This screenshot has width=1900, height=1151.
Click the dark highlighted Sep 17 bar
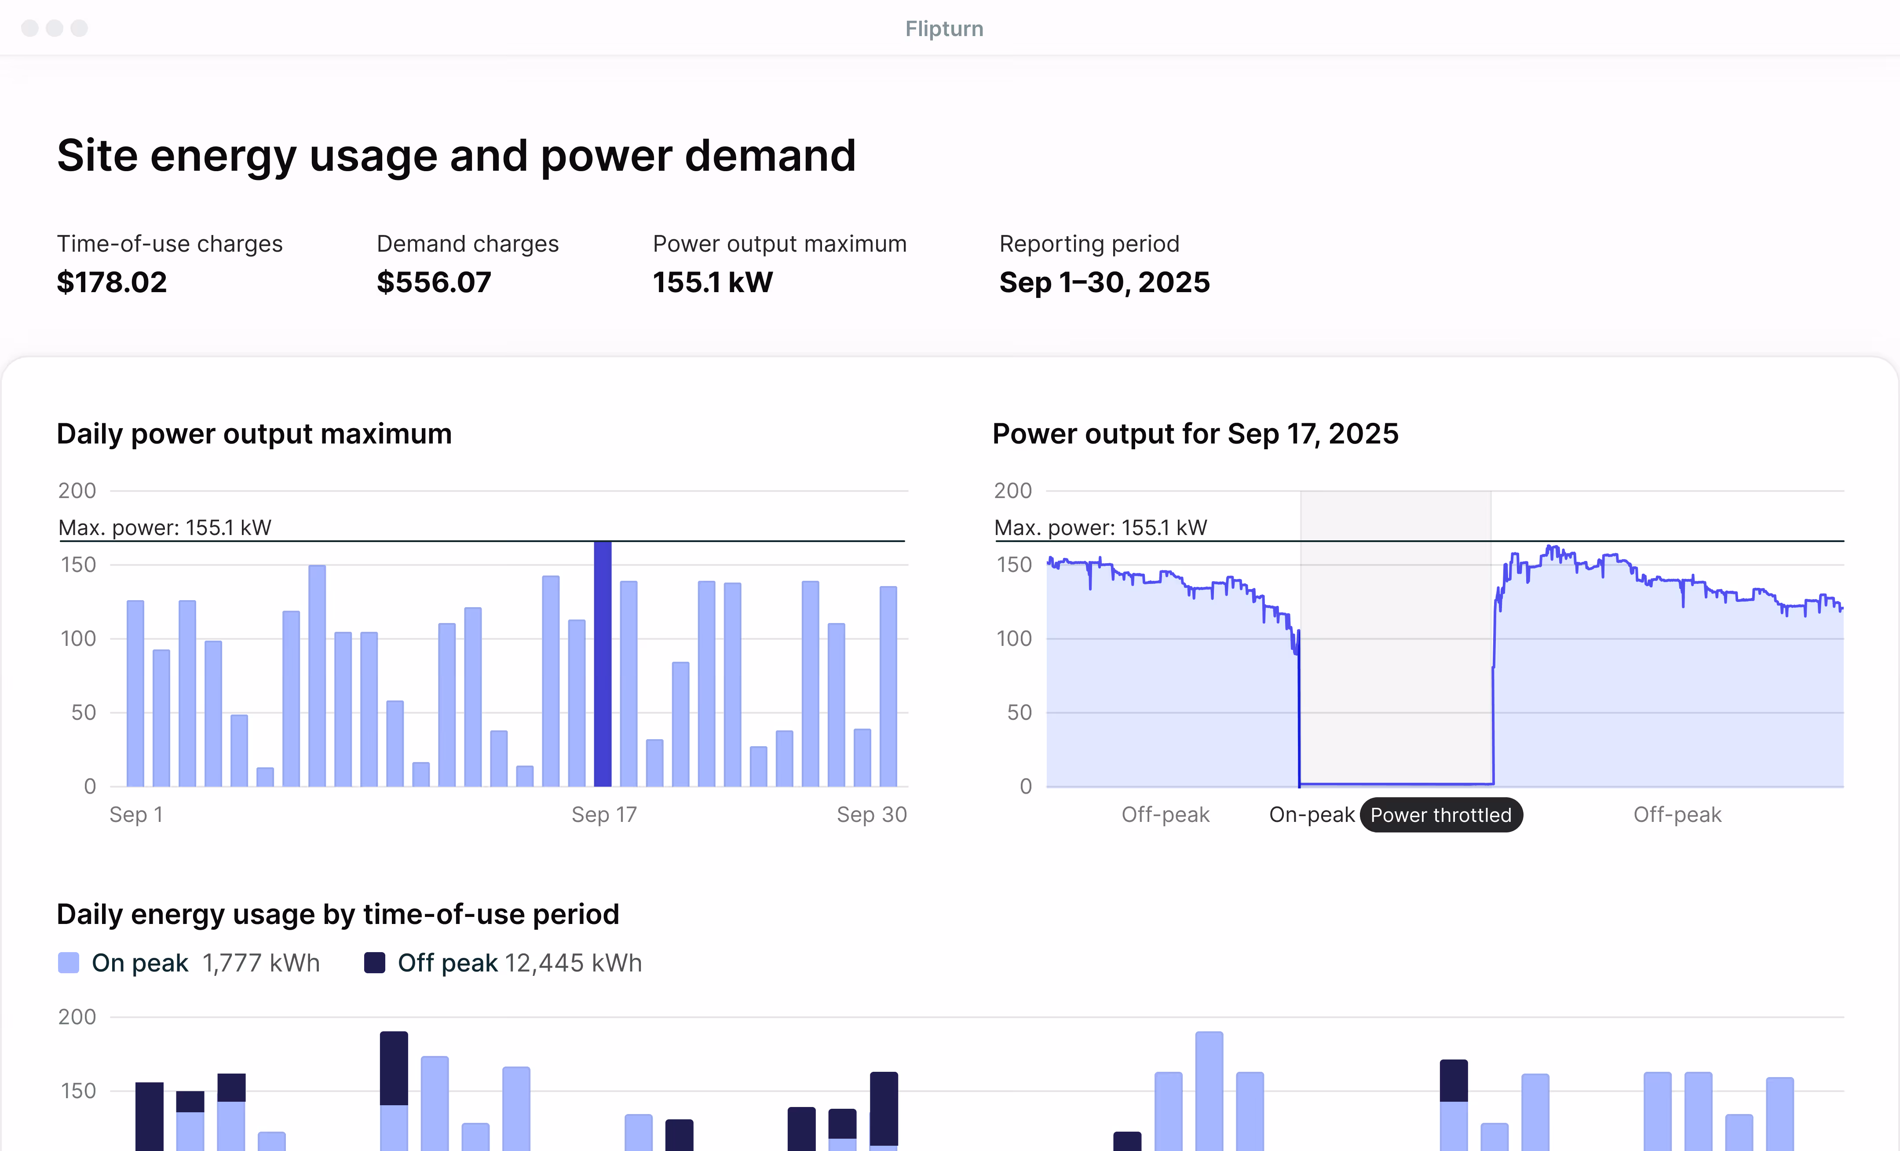click(602, 663)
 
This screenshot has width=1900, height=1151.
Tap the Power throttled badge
click(1440, 815)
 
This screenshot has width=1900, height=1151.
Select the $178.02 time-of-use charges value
click(112, 282)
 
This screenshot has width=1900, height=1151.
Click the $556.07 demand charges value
click(433, 282)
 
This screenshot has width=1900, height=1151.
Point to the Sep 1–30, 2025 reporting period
click(1104, 282)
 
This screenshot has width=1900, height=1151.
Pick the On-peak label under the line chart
click(1312, 815)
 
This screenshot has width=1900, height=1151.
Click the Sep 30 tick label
click(871, 815)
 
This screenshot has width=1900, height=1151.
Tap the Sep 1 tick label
click(136, 815)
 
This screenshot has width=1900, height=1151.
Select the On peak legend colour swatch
click(69, 963)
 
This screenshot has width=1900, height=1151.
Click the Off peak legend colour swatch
click(375, 963)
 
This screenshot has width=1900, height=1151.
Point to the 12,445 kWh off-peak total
click(573, 963)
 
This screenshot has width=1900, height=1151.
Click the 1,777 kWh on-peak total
click(261, 963)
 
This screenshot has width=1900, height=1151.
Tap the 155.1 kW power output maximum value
click(712, 282)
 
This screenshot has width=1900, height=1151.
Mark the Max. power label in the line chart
click(1100, 528)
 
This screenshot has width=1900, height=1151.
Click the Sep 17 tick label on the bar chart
click(604, 815)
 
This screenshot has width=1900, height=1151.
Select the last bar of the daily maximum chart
click(888, 686)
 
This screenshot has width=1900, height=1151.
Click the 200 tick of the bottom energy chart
click(77, 1017)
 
